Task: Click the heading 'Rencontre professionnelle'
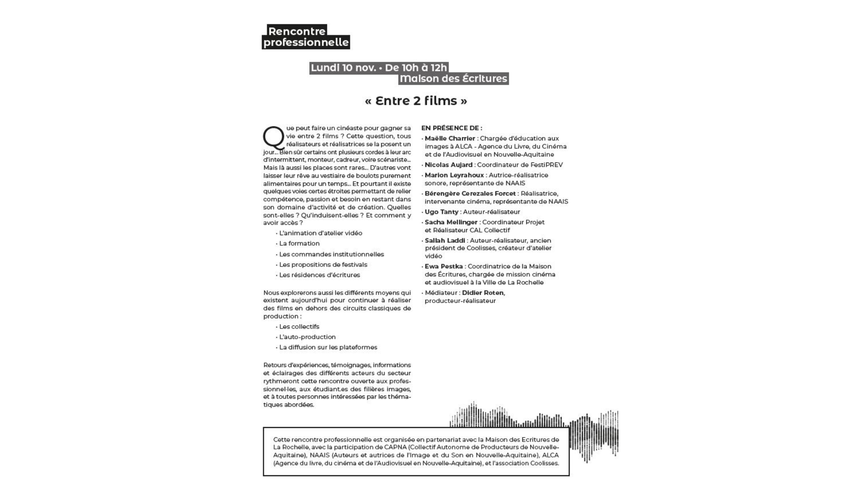306,37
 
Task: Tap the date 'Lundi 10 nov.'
343,68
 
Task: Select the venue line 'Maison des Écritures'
453,79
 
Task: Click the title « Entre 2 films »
416,101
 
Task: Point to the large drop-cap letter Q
273,138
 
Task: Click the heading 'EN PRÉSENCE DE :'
452,128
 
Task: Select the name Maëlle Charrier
450,138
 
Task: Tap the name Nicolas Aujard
449,165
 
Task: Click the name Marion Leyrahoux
454,175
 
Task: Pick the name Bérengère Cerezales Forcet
470,193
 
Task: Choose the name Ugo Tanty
441,212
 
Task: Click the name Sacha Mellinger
451,222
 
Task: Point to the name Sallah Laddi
445,241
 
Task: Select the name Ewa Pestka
444,266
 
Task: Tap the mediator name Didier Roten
483,293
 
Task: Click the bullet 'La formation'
299,243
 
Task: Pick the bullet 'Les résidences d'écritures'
319,275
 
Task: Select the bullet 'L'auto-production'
307,337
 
